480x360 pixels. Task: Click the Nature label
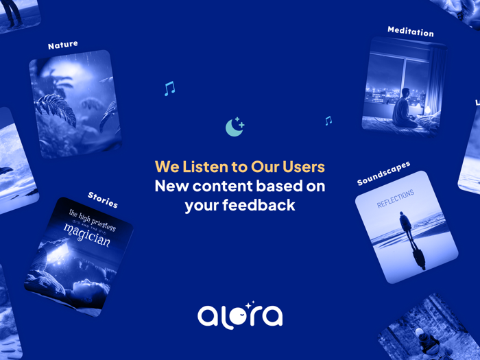[x=63, y=45]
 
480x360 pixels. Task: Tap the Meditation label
[x=410, y=31]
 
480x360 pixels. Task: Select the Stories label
[x=103, y=200]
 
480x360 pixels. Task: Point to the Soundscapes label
[x=384, y=173]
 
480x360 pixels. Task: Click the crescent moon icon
[x=235, y=127]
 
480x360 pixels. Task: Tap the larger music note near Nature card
[x=169, y=88]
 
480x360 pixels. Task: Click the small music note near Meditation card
[x=328, y=121]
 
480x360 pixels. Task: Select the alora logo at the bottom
[x=240, y=315]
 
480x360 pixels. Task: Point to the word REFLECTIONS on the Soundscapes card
[x=396, y=200]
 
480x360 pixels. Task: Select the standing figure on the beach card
[x=406, y=227]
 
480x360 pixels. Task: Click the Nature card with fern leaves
[x=75, y=103]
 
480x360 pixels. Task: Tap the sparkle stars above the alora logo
[x=250, y=304]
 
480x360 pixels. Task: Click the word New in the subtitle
[x=171, y=186]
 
